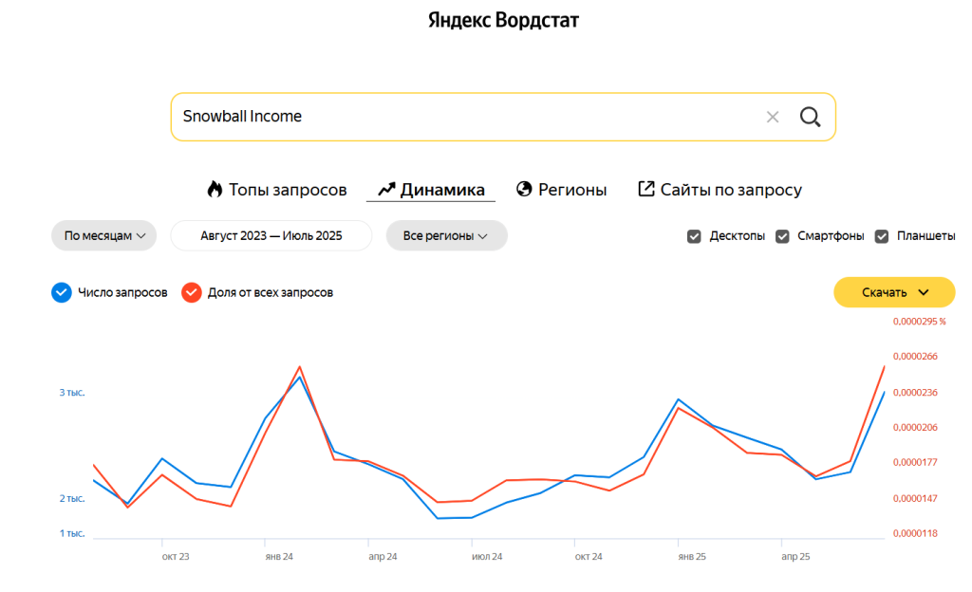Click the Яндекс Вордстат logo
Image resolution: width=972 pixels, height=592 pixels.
coord(503,20)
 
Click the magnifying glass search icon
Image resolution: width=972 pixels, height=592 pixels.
coord(810,117)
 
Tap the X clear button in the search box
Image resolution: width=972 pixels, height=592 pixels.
coord(773,117)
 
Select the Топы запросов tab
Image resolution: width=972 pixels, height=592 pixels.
coord(277,190)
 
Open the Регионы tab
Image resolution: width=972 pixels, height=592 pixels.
coord(562,190)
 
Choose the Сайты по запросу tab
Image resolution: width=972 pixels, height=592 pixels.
coord(720,190)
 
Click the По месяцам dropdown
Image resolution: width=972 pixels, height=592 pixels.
coord(103,235)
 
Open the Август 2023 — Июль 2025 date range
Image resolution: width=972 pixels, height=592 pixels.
coord(271,235)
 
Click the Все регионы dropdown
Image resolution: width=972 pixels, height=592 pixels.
coord(446,235)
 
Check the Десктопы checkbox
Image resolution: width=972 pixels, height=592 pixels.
coord(694,236)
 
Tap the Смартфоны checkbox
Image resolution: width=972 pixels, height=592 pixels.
coord(782,236)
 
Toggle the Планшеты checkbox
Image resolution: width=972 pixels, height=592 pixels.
coord(882,236)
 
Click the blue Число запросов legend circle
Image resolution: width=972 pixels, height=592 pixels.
coord(62,292)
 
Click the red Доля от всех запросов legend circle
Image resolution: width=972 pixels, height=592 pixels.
coord(192,292)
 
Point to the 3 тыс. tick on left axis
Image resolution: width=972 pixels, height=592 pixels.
coord(72,393)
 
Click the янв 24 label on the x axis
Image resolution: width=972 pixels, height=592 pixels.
coord(278,557)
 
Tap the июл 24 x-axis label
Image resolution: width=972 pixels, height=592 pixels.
coord(487,557)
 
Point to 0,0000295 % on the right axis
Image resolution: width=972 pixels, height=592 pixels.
coord(919,322)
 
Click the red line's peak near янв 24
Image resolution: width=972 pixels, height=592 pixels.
coord(300,366)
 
